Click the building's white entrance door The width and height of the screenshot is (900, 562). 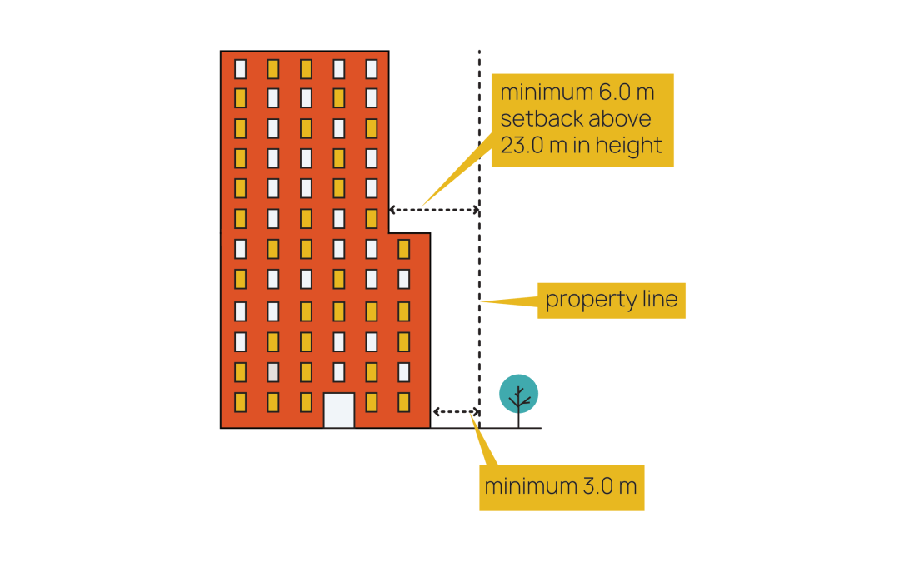338,410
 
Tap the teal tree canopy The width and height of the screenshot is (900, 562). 518,392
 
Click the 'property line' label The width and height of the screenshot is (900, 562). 611,300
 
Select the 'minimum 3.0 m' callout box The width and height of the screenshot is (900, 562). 561,486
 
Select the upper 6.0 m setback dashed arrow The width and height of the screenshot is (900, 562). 434,210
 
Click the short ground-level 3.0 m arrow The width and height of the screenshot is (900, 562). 455,412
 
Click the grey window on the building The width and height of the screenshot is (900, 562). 272,371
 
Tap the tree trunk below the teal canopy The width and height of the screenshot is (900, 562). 518,420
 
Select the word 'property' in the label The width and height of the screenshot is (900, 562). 579,301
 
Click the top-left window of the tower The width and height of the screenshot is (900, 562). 240,68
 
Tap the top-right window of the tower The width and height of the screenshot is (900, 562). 371,68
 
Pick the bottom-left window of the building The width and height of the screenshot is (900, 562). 240,402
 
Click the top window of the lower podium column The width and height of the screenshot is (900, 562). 403,249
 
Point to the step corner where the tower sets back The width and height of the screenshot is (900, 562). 389,233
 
